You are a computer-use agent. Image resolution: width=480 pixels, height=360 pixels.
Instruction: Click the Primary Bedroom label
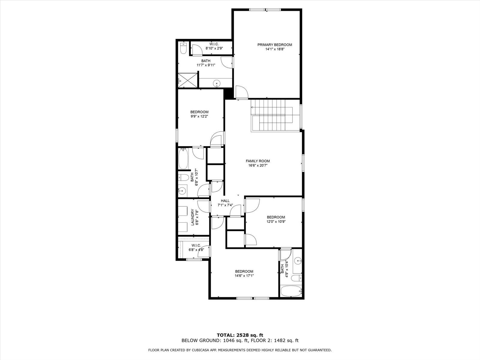[275, 45]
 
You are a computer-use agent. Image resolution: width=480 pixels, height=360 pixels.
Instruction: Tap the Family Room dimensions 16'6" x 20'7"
[258, 166]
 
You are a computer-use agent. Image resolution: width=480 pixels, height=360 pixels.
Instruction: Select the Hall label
[225, 201]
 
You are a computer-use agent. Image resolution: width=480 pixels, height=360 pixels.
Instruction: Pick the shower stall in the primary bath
[187, 80]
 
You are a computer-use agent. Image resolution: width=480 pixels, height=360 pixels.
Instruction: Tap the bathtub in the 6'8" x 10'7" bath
[183, 159]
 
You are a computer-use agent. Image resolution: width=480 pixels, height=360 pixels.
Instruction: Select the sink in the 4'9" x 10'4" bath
[297, 260]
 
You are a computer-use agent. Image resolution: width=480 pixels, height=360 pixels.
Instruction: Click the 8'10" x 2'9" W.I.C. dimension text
[214, 48]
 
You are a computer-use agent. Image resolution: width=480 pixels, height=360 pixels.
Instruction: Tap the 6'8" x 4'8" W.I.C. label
[196, 245]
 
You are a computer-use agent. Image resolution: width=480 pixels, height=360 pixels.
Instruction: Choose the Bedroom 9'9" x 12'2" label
[199, 112]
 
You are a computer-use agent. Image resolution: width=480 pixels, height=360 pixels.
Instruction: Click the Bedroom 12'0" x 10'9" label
[276, 217]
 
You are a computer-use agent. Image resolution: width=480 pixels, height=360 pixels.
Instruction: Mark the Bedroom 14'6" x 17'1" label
[244, 271]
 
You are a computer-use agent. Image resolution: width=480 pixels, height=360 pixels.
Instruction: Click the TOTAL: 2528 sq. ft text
[240, 335]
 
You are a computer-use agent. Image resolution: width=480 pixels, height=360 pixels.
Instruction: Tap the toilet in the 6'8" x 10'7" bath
[184, 178]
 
